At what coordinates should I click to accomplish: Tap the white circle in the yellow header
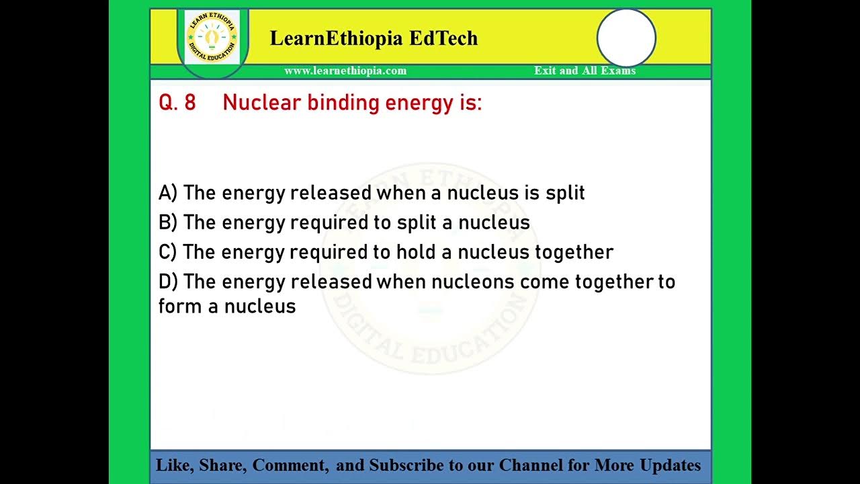click(626, 38)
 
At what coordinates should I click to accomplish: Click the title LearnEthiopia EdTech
click(374, 38)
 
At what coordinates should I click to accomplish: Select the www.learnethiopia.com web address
click(345, 71)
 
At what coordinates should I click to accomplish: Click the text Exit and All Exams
click(585, 71)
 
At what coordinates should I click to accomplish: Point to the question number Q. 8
click(177, 103)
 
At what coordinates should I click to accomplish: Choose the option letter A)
click(167, 193)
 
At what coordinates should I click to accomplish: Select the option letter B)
click(167, 223)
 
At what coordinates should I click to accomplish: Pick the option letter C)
click(167, 252)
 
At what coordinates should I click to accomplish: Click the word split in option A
click(565, 194)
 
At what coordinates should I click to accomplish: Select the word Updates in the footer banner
click(670, 465)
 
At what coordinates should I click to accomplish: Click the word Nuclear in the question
click(262, 103)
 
